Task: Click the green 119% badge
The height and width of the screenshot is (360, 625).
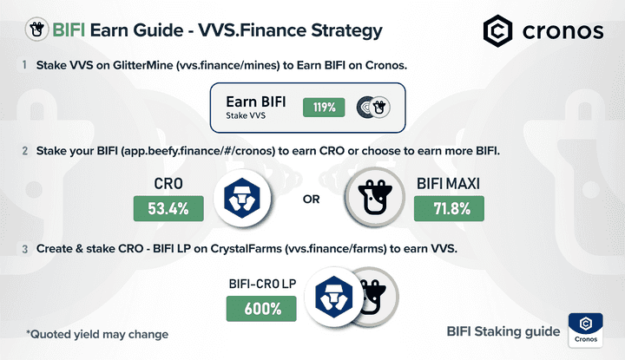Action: click(325, 108)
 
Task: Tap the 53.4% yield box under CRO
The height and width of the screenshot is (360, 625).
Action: click(168, 208)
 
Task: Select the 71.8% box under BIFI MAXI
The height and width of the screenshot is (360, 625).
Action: click(449, 208)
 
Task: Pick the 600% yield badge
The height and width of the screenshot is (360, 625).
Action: click(261, 308)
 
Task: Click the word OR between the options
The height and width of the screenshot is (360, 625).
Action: click(311, 200)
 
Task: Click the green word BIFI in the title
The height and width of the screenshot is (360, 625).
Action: click(70, 31)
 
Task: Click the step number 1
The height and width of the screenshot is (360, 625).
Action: click(24, 65)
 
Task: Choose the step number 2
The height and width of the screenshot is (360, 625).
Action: click(24, 151)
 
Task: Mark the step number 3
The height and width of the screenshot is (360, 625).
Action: click(24, 249)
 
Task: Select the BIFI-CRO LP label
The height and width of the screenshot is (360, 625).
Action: click(261, 283)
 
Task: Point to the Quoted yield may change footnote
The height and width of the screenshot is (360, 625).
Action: click(96, 333)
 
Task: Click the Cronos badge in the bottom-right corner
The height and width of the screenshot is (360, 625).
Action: click(586, 331)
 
